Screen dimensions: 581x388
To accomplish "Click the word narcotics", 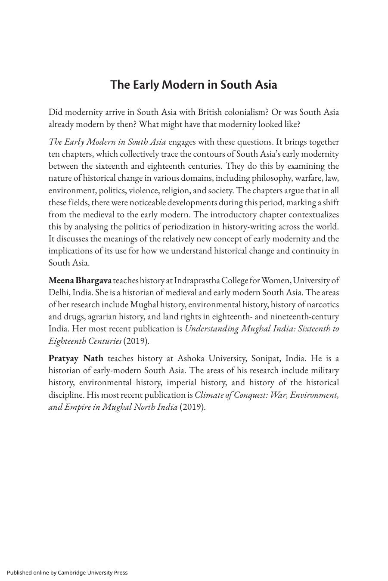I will [x=323, y=305].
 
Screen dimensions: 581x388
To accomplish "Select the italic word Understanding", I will [x=211, y=329].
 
